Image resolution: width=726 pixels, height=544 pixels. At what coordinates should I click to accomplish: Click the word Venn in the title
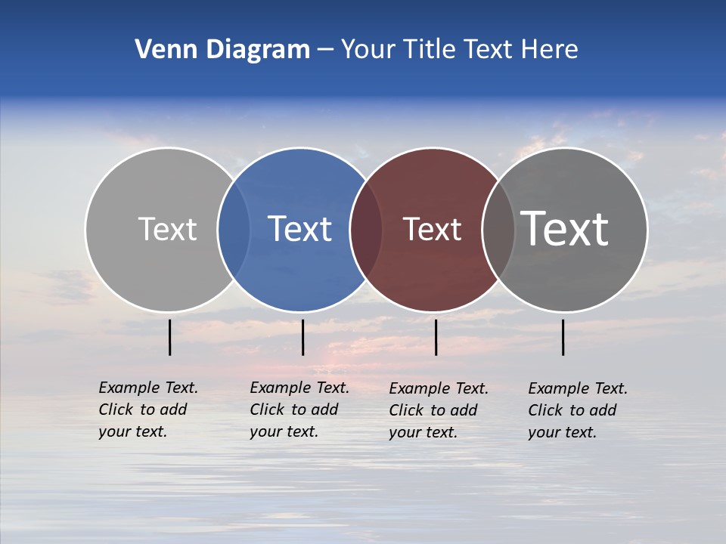[x=161, y=50]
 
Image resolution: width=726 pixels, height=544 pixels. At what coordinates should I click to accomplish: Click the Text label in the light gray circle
[x=167, y=229]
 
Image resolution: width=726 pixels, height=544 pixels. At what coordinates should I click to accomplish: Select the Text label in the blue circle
[x=300, y=229]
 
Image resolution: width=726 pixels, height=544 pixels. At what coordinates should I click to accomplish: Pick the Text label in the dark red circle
[x=432, y=229]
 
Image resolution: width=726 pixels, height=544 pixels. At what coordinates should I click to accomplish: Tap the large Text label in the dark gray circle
[x=565, y=229]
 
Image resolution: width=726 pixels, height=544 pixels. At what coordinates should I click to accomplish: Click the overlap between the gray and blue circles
[x=234, y=229]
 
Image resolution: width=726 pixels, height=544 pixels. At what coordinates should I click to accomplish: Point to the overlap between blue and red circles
[x=366, y=229]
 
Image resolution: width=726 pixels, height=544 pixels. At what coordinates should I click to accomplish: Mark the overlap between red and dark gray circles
[x=498, y=229]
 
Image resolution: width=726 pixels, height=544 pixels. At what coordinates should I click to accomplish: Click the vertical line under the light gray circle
[x=169, y=337]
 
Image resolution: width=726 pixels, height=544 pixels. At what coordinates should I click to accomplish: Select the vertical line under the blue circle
[x=302, y=337]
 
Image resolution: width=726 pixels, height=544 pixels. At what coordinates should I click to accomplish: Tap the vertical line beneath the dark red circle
[x=436, y=337]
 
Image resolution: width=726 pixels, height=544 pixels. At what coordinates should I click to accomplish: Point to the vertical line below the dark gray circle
[x=563, y=337]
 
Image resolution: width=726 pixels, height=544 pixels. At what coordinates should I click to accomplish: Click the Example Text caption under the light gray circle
[x=148, y=410]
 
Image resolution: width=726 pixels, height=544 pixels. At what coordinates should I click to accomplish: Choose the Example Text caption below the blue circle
[x=299, y=410]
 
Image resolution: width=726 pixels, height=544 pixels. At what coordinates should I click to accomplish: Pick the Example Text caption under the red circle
[x=439, y=410]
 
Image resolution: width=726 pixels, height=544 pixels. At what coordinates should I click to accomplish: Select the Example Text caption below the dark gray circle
[x=578, y=410]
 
